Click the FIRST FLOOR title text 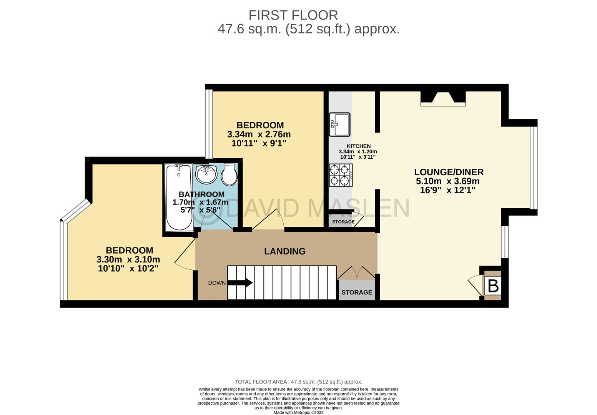click(x=293, y=15)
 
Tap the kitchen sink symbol click(x=339, y=124)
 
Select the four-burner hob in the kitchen click(x=341, y=175)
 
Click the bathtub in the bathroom click(x=179, y=198)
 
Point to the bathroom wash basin click(x=206, y=174)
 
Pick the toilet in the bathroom click(x=229, y=174)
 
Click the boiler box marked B click(x=493, y=286)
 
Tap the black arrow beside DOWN click(x=240, y=282)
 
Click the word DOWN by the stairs click(x=217, y=283)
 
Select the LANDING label click(x=284, y=251)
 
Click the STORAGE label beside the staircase click(x=357, y=292)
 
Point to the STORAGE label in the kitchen click(x=343, y=222)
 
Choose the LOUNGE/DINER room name click(x=449, y=172)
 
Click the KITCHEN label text click(x=358, y=146)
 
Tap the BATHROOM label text click(x=201, y=194)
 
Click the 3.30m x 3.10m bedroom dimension click(x=128, y=259)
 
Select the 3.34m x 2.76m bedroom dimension click(x=259, y=134)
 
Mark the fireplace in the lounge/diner click(x=443, y=99)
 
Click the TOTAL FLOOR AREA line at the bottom click(x=298, y=382)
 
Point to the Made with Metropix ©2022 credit click(x=298, y=413)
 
